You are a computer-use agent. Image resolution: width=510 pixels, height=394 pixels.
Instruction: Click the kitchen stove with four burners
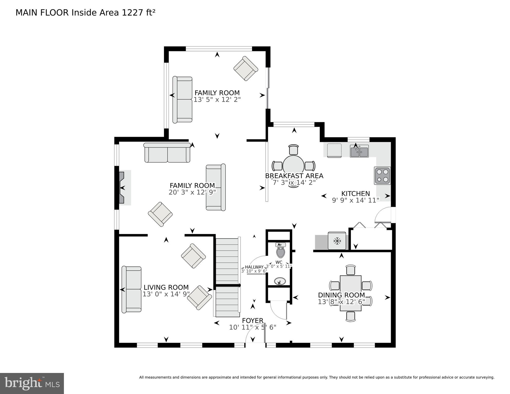pyautogui.click(x=382, y=176)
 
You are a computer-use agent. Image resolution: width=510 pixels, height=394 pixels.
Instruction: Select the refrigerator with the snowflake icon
pyautogui.click(x=337, y=241)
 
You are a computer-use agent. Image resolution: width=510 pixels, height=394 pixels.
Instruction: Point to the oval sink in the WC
pyautogui.click(x=279, y=281)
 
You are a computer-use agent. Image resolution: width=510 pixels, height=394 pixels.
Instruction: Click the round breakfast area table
pyautogui.click(x=294, y=166)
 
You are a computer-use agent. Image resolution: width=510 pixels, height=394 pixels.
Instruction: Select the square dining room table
pyautogui.click(x=350, y=293)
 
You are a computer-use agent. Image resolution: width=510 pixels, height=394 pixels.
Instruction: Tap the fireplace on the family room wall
pyautogui.click(x=123, y=188)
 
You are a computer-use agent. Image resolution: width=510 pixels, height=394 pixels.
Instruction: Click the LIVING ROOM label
pyautogui.click(x=166, y=287)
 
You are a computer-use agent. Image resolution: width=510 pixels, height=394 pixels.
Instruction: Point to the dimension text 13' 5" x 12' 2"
pyautogui.click(x=217, y=100)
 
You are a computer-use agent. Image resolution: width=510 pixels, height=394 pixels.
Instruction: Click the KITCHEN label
pyautogui.click(x=355, y=194)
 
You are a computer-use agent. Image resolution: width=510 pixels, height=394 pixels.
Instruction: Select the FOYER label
pyautogui.click(x=253, y=321)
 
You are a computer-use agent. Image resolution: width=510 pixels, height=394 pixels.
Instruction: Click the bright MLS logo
pyautogui.click(x=32, y=383)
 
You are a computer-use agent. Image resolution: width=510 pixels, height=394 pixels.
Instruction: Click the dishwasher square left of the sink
pyautogui.click(x=334, y=150)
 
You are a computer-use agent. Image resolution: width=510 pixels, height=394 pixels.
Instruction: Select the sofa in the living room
pyautogui.click(x=132, y=290)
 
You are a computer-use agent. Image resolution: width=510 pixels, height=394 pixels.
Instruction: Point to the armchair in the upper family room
pyautogui.click(x=246, y=69)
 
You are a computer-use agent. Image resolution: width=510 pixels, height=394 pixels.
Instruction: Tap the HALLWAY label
pyautogui.click(x=254, y=267)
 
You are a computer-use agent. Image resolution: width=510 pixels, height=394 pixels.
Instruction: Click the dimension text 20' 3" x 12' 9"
pyautogui.click(x=192, y=192)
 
